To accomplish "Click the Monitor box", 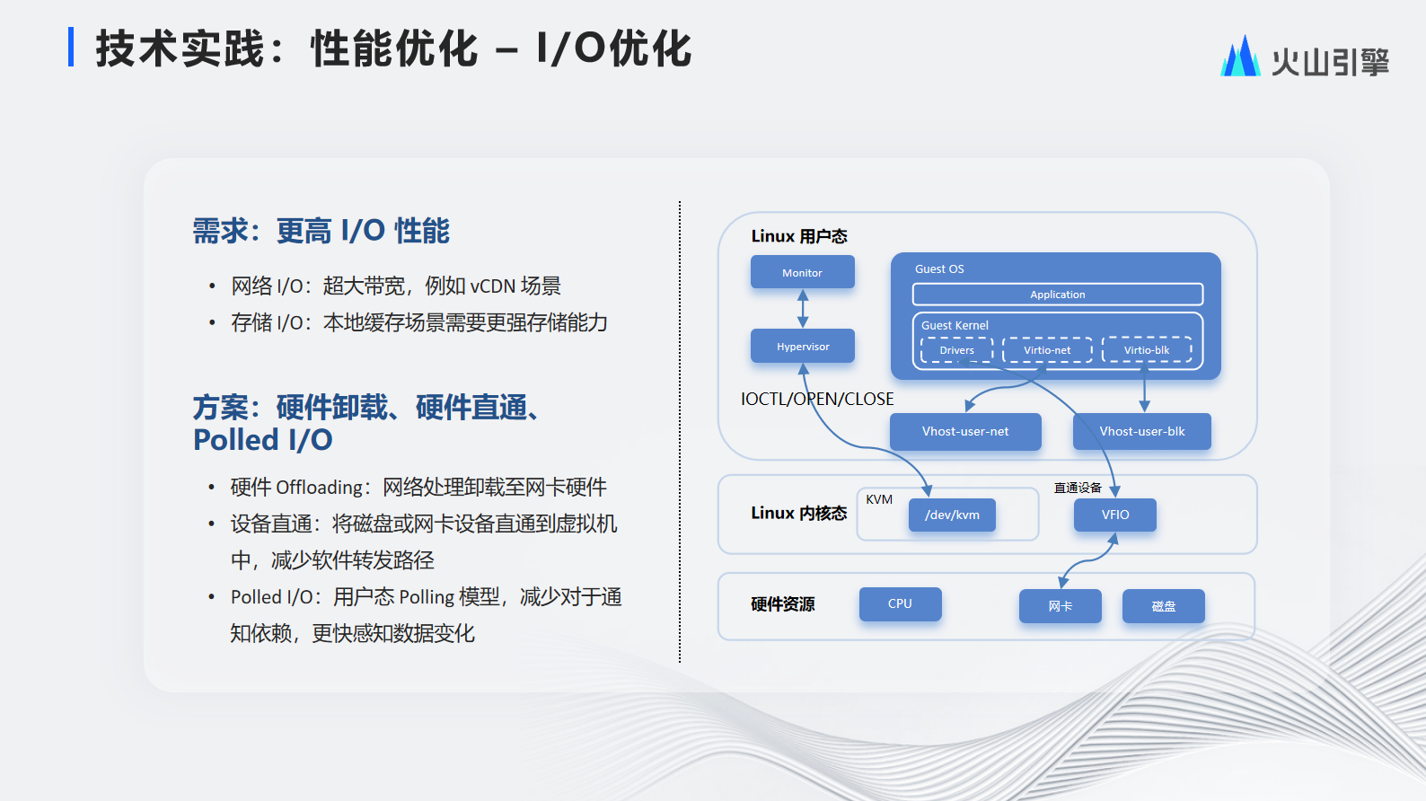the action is (802, 272).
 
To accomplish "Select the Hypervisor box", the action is (802, 346).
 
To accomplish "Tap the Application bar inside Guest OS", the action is (1058, 295).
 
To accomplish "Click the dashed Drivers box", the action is (956, 349).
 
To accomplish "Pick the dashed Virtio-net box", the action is (1047, 349).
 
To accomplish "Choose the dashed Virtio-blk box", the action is (1147, 349).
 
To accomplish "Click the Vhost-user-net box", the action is (965, 431).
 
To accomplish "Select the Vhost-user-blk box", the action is (1142, 431).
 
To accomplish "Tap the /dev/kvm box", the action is (952, 515).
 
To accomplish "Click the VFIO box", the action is (1115, 515).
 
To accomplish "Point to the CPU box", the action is (900, 603).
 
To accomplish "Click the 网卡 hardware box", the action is (1060, 606).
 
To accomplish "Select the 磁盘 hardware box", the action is (1163, 606).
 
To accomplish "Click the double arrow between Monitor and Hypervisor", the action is (803, 309).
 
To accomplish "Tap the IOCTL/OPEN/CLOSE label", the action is (817, 400).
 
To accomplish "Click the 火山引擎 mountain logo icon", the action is (1240, 56).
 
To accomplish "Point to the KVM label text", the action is (879, 499).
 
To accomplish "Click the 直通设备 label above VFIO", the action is (1078, 488).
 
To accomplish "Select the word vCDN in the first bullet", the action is (493, 286).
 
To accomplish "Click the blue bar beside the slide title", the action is (71, 47).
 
